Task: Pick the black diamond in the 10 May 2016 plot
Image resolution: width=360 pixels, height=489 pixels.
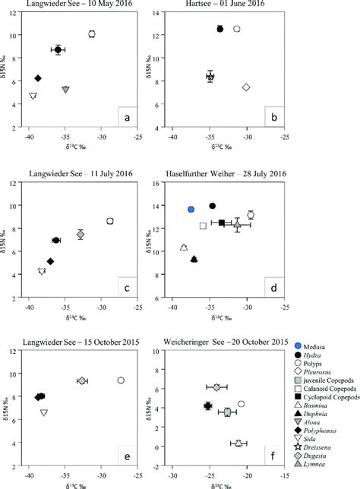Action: tap(37, 78)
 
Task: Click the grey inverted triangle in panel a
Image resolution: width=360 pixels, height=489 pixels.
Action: tap(66, 90)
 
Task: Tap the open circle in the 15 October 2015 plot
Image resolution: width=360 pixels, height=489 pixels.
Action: tap(121, 380)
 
